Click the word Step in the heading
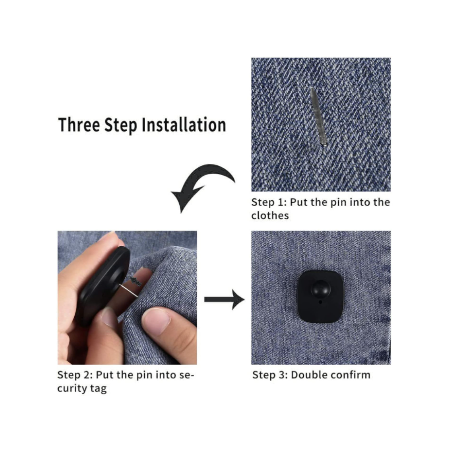pyautogui.click(x=121, y=125)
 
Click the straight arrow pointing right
pyautogui.click(x=224, y=300)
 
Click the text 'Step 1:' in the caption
pyautogui.click(x=269, y=202)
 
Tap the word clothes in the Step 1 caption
pyautogui.click(x=270, y=215)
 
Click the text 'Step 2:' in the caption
pyautogui.click(x=75, y=375)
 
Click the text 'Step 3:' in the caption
pyautogui.click(x=270, y=375)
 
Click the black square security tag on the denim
pyautogui.click(x=320, y=297)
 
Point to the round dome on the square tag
pyautogui.click(x=320, y=289)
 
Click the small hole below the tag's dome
pyautogui.click(x=320, y=302)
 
